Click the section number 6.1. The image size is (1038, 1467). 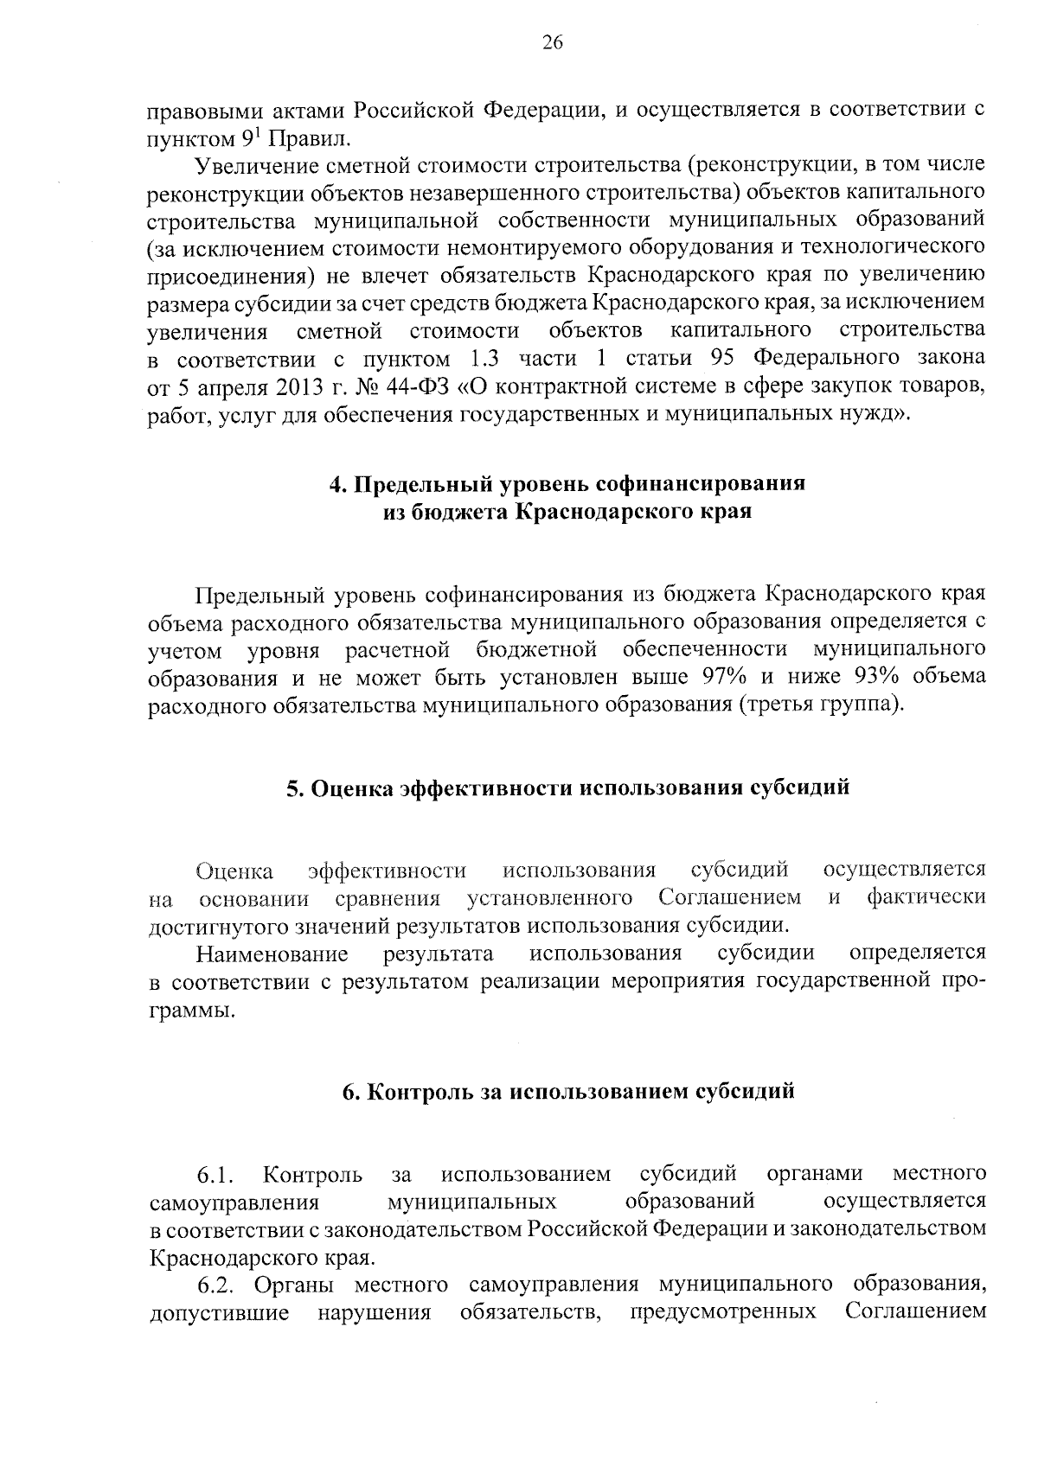click(215, 1176)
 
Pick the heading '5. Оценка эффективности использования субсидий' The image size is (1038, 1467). click(567, 788)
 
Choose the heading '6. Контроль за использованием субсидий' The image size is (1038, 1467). click(567, 1091)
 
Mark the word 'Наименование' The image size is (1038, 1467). click(272, 954)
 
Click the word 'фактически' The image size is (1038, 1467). click(926, 897)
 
